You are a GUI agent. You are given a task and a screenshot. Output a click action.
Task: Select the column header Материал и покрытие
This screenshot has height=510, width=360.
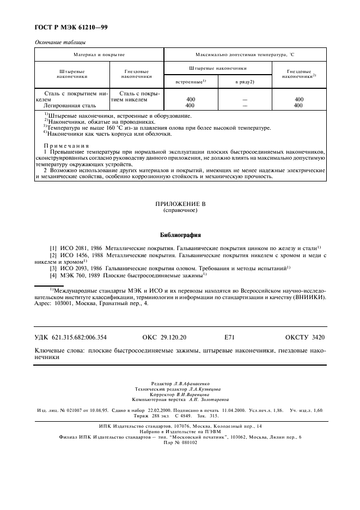tap(99, 55)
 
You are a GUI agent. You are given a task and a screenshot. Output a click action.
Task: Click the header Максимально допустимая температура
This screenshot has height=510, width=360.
tap(245, 55)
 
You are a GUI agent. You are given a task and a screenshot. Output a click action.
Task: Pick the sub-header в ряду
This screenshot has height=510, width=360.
tap(245, 81)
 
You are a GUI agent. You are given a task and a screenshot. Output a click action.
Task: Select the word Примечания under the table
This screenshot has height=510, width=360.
tap(66, 145)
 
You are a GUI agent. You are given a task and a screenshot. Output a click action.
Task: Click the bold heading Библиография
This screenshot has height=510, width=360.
tap(180, 235)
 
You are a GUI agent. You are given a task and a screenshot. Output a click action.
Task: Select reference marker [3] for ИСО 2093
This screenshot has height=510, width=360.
tap(53, 268)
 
